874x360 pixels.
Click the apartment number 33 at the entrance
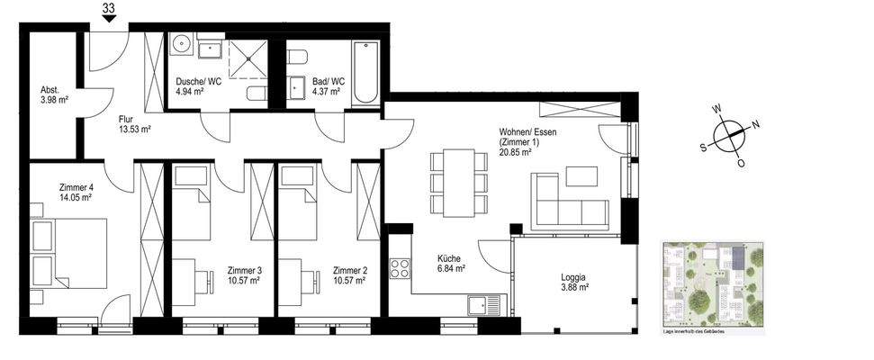(109, 10)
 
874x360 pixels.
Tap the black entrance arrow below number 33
(109, 23)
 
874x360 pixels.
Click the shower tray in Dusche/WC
(248, 57)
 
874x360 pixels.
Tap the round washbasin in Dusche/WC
(180, 44)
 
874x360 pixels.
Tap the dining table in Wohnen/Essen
(459, 182)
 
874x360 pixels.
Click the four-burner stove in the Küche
(400, 268)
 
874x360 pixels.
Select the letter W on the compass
(717, 110)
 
